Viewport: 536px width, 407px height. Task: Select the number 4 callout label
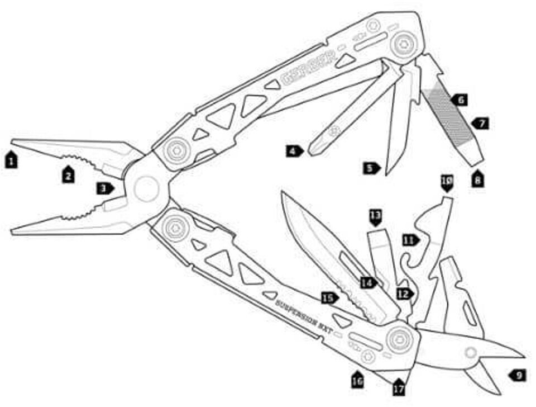pyautogui.click(x=294, y=150)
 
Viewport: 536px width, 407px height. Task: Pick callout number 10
pyautogui.click(x=447, y=182)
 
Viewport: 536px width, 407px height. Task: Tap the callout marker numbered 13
pyautogui.click(x=376, y=216)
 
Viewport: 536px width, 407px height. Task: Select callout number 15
pyautogui.click(x=329, y=298)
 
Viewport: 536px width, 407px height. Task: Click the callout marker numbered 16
pyautogui.click(x=357, y=381)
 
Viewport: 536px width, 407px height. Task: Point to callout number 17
pyautogui.click(x=398, y=388)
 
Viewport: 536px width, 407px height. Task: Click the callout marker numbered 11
pyautogui.click(x=410, y=240)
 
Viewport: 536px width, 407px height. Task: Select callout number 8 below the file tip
pyautogui.click(x=478, y=180)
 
